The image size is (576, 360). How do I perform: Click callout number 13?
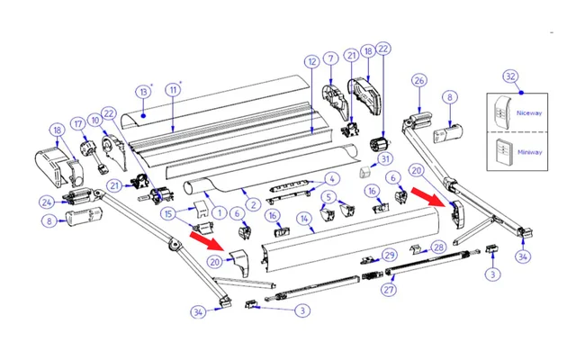143,92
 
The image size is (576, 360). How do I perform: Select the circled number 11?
173,89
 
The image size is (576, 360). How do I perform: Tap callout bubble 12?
311,62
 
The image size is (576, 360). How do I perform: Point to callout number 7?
331,59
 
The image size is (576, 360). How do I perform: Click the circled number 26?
418,81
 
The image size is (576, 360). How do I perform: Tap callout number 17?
78,123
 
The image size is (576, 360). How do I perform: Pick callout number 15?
168,213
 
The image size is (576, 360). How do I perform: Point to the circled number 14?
305,217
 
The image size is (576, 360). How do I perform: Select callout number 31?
386,159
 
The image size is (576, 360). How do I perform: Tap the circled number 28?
438,247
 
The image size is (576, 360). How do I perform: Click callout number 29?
390,256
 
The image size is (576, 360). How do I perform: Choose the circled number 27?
390,290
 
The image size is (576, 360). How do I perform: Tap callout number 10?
94,118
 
